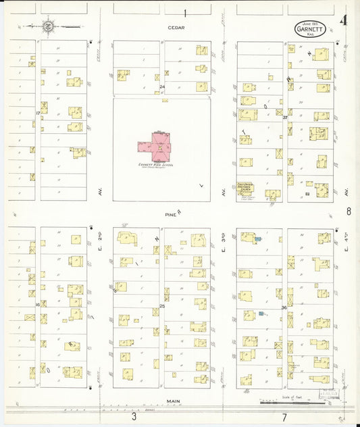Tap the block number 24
pyautogui.click(x=162, y=86)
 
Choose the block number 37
pyautogui.click(x=285, y=118)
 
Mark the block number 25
pyautogui.click(x=162, y=306)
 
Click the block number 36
pyautogui.click(x=285, y=308)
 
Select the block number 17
pyautogui.click(x=38, y=113)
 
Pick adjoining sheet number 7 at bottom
pyautogui.click(x=284, y=418)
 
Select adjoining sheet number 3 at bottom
pyautogui.click(x=134, y=418)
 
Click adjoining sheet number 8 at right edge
pyautogui.click(x=349, y=211)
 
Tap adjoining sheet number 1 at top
pyautogui.click(x=184, y=12)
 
